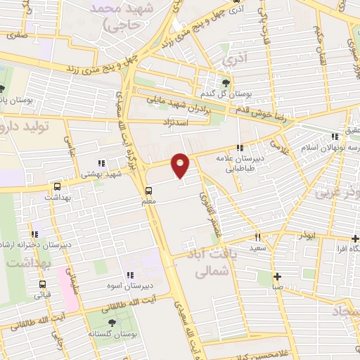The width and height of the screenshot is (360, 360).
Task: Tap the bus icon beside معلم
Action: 148,191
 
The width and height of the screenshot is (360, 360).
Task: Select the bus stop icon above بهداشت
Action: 57,187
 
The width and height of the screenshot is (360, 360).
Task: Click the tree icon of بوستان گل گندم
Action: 225,84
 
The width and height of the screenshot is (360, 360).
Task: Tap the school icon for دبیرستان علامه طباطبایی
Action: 240,148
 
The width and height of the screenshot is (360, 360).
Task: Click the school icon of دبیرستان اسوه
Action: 129,275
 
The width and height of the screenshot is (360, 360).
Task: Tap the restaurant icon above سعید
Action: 258,238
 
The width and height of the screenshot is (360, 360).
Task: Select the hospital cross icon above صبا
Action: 278,276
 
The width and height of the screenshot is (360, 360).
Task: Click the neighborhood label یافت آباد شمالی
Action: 205,256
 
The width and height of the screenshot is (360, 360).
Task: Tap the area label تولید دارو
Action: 28,127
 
